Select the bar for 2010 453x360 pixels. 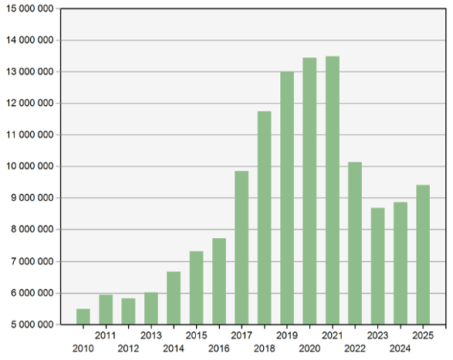pyautogui.click(x=83, y=317)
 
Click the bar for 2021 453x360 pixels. pyautogui.click(x=333, y=190)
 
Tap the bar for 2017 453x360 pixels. pyautogui.click(x=242, y=247)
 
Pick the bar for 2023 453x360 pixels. pyautogui.click(x=378, y=266)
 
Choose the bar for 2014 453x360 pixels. pyautogui.click(x=174, y=298)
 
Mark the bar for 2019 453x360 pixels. pyautogui.click(x=287, y=198)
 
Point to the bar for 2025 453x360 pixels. pyautogui.click(x=423, y=255)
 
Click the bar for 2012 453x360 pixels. pyautogui.click(x=128, y=311)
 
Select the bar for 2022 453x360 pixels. pyautogui.click(x=355, y=243)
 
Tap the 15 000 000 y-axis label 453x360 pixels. pyautogui.click(x=30, y=8)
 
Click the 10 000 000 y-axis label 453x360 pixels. pyautogui.click(x=30, y=166)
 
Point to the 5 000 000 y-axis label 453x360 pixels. pyautogui.click(x=32, y=324)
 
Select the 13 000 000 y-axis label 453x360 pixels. pyautogui.click(x=30, y=72)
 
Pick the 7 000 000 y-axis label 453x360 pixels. pyautogui.click(x=32, y=261)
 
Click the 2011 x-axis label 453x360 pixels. pyautogui.click(x=106, y=335)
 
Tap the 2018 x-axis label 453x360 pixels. pyautogui.click(x=265, y=348)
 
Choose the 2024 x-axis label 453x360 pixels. pyautogui.click(x=400, y=348)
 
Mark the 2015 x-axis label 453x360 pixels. pyautogui.click(x=196, y=335)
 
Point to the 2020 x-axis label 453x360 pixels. pyautogui.click(x=309, y=348)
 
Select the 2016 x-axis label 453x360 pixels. pyautogui.click(x=219, y=348)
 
